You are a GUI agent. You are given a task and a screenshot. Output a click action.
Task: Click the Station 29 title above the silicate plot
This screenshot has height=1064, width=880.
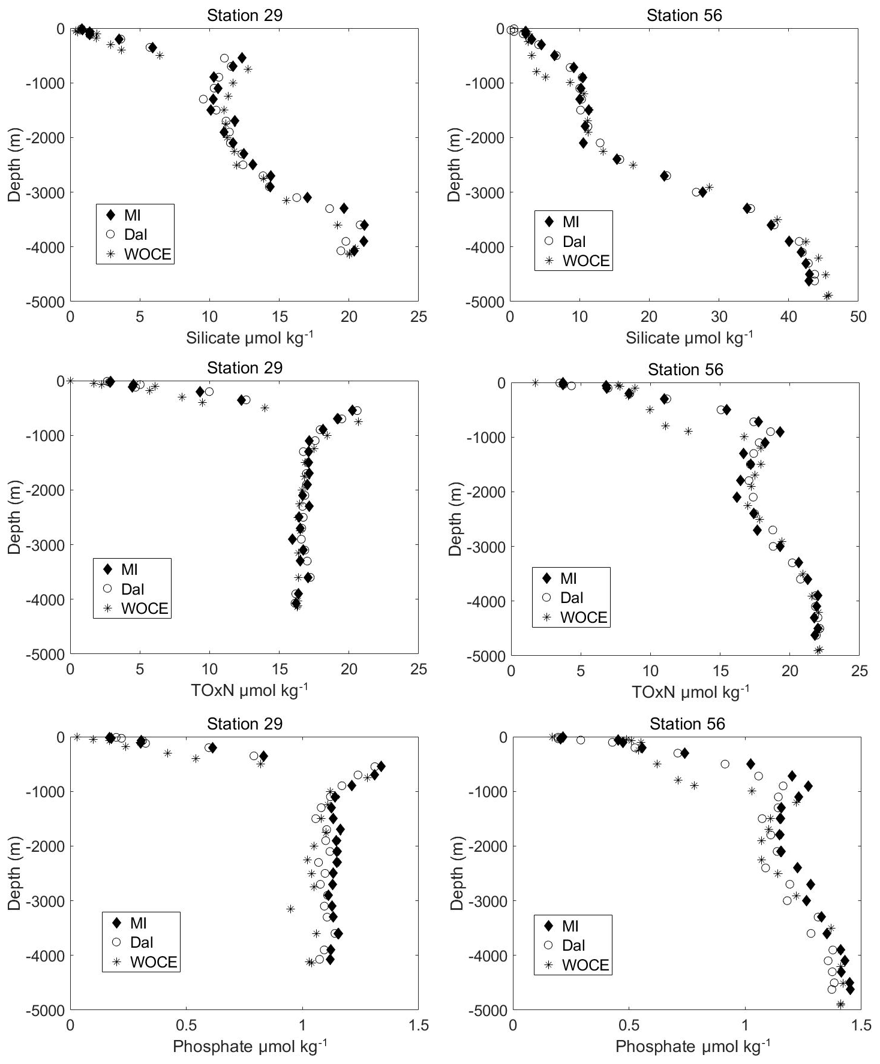pos(244,15)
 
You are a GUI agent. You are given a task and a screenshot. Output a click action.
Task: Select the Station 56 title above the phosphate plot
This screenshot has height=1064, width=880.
pos(687,724)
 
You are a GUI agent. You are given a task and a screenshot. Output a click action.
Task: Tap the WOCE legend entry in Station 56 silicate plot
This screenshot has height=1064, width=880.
pos(572,261)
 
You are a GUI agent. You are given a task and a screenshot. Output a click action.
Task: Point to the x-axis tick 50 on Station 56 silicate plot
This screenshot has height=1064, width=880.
pos(858,316)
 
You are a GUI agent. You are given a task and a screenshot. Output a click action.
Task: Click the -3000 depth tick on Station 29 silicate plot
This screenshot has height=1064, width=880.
pos(50,192)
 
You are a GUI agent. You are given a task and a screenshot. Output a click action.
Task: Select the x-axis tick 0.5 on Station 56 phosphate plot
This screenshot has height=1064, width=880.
pos(629,1025)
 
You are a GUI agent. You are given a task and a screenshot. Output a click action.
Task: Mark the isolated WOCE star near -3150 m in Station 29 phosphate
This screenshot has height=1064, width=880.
pos(290,909)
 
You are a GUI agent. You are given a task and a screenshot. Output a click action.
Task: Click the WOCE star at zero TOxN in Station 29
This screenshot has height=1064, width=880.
pos(70,381)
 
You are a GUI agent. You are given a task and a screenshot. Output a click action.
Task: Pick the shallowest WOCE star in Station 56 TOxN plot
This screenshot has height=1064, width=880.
pos(535,382)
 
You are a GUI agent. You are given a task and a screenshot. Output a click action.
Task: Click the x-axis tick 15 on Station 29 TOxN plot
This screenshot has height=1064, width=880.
pos(279,669)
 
